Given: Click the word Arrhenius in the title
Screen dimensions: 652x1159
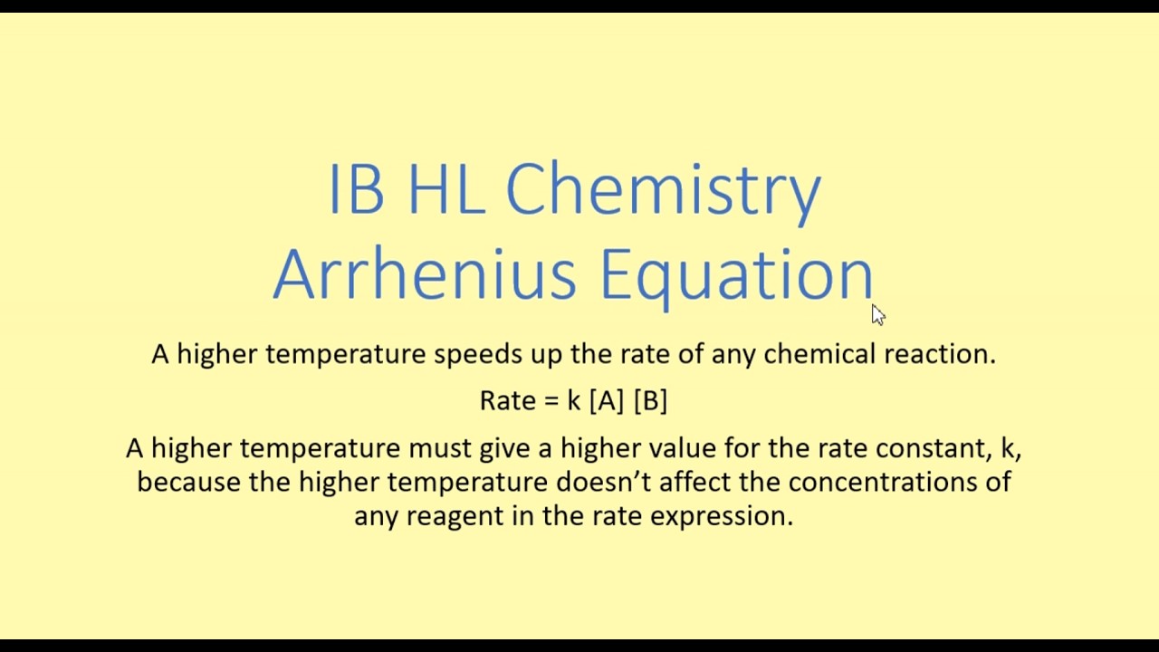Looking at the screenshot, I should (x=424, y=273).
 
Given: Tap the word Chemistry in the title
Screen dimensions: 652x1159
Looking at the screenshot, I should (x=663, y=190).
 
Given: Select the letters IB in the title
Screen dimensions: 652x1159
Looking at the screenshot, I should (x=356, y=190).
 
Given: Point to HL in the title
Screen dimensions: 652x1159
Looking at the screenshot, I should (x=446, y=190).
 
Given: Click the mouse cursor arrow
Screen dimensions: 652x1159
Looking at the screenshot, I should (x=877, y=314).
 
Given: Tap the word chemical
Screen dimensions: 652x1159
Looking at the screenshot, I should (x=819, y=354).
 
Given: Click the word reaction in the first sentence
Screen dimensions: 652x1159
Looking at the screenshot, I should (x=939, y=354).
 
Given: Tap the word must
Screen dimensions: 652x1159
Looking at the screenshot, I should (x=439, y=448).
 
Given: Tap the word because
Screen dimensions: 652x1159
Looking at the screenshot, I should (x=188, y=482).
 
